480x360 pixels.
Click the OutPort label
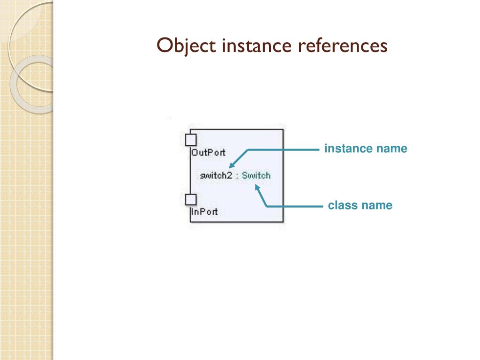pyautogui.click(x=208, y=152)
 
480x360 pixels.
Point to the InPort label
pyautogui.click(x=204, y=211)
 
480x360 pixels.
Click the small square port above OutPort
pyautogui.click(x=190, y=140)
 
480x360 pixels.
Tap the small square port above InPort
pyautogui.click(x=190, y=200)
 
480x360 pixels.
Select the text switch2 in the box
pyautogui.click(x=216, y=176)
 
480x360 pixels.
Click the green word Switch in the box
pyautogui.click(x=256, y=176)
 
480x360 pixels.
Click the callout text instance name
pyautogui.click(x=366, y=149)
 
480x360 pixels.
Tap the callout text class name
pyautogui.click(x=360, y=205)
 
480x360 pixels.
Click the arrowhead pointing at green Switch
pyautogui.click(x=256, y=187)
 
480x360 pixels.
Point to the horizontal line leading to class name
pyautogui.click(x=295, y=206)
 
